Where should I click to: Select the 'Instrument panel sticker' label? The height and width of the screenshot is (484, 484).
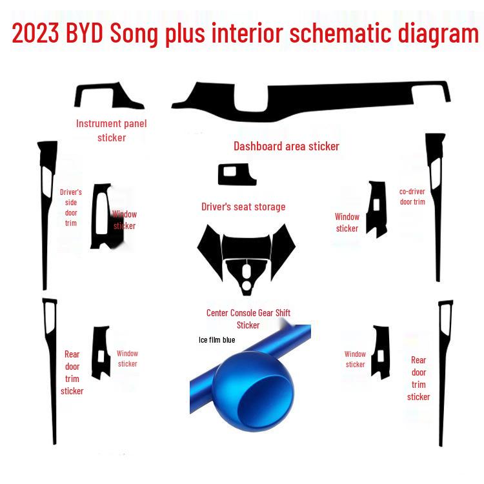point(112,130)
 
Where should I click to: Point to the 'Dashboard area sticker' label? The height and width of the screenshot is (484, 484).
point(286,146)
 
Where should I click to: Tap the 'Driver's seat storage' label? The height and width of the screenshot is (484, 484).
point(243,207)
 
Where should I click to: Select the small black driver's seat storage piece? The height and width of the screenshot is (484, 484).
point(236,174)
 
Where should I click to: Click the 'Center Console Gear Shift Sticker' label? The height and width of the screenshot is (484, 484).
point(248,319)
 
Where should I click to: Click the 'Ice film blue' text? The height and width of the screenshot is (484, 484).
point(217,339)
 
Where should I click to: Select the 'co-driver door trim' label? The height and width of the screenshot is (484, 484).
point(412,196)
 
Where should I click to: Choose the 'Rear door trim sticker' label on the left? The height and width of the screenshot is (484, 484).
point(72,372)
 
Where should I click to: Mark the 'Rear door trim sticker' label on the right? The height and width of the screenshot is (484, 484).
point(419,378)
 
